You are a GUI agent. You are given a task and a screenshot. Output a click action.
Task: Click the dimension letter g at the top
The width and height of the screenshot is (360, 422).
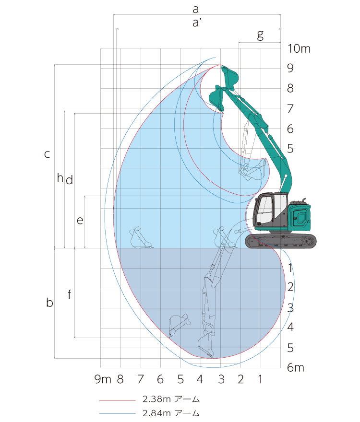click(260, 35)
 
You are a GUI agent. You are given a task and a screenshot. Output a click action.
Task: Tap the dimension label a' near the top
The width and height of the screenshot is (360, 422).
click(197, 23)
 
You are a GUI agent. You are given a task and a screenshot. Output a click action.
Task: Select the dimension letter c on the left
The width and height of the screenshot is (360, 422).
click(47, 154)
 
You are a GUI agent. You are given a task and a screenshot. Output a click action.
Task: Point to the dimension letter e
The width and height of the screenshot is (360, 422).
click(80, 221)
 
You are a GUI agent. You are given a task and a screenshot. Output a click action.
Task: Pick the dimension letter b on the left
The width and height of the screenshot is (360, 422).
click(49, 303)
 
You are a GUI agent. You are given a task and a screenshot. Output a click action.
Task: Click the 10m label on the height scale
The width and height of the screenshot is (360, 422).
click(299, 49)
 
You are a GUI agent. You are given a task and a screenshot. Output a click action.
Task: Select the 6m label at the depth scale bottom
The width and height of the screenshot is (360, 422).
click(296, 367)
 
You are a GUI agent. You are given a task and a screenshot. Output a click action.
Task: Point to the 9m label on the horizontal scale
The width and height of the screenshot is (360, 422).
click(103, 379)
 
